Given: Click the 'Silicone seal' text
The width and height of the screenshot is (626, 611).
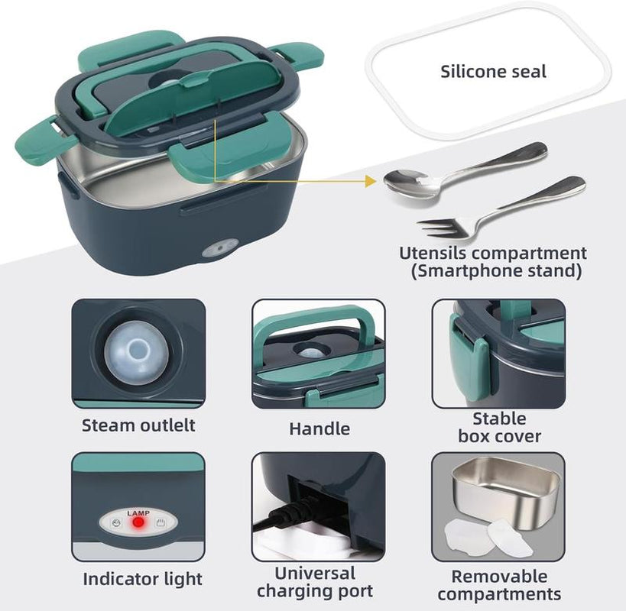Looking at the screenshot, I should [x=493, y=72].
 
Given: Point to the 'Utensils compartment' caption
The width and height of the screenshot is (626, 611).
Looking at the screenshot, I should [x=493, y=253].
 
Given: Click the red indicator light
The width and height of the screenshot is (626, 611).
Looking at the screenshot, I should [x=138, y=524].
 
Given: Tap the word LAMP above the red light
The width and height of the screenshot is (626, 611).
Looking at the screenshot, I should [x=138, y=512].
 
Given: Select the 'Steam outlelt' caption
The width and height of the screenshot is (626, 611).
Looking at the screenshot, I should [x=138, y=425].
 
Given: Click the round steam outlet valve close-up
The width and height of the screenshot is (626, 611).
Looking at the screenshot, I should [x=138, y=351].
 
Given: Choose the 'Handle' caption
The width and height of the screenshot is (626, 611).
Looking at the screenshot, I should [x=319, y=429].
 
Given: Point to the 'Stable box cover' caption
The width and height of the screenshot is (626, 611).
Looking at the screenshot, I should [x=499, y=428].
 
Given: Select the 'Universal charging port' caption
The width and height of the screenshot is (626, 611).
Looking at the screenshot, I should [x=315, y=582].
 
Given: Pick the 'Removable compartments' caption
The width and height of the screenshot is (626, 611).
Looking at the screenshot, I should [x=499, y=585].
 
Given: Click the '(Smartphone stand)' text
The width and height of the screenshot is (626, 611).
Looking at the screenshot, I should [x=493, y=270].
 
